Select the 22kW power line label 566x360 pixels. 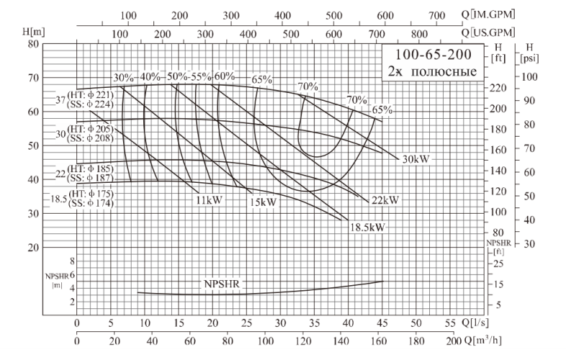pos(385,199)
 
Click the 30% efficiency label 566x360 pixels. pos(123,77)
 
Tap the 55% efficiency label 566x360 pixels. pos(201,76)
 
